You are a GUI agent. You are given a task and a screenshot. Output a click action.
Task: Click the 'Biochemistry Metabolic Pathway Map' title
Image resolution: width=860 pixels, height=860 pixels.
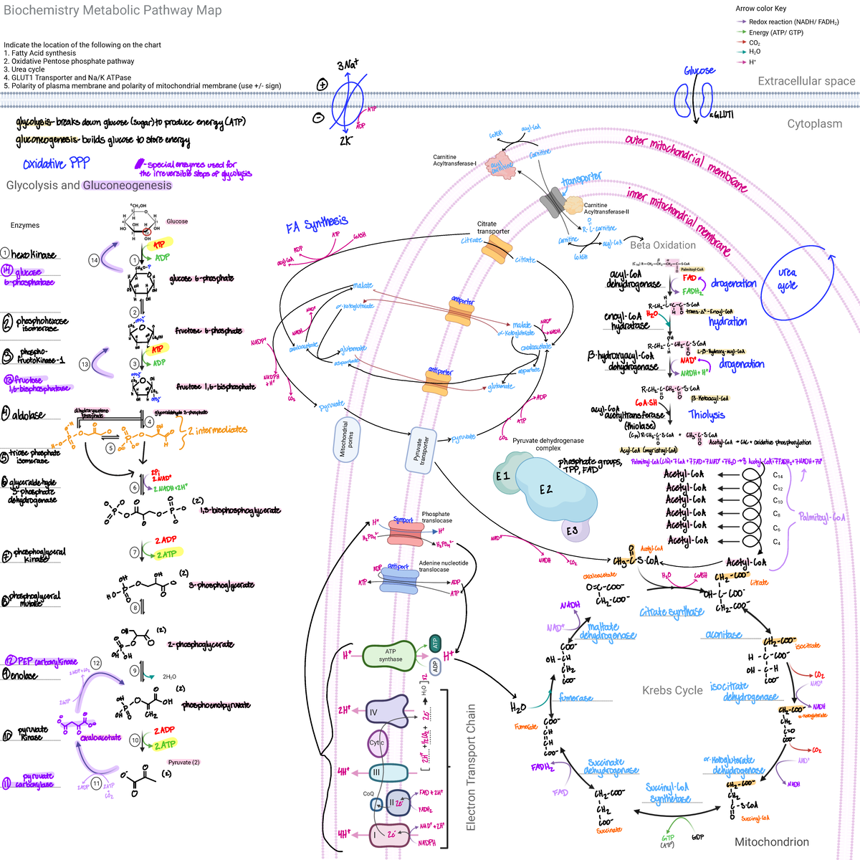[x=113, y=11]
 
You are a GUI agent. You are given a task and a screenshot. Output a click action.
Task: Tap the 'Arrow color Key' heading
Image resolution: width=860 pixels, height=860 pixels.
[x=760, y=9]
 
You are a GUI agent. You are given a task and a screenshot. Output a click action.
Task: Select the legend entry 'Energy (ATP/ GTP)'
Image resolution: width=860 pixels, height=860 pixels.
[x=776, y=32]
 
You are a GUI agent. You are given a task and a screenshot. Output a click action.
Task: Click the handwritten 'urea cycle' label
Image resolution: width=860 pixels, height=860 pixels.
[x=788, y=279]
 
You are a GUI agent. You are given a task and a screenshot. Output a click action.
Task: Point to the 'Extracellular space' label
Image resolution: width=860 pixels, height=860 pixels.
[x=806, y=81]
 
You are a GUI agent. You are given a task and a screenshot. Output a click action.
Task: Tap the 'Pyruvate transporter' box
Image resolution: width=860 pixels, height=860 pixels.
[x=421, y=450]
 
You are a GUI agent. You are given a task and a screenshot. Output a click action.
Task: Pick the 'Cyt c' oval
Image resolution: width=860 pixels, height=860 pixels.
[x=377, y=743]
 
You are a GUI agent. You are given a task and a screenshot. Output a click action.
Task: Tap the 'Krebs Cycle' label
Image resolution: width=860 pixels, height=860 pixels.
[x=672, y=690]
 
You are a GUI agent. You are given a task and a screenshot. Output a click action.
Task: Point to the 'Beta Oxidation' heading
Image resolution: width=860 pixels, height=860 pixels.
[x=663, y=245]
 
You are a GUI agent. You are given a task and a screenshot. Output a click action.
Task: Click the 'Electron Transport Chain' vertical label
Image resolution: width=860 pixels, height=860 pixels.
[x=471, y=767]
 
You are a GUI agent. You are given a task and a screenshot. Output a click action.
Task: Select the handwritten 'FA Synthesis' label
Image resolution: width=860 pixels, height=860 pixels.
[x=317, y=225]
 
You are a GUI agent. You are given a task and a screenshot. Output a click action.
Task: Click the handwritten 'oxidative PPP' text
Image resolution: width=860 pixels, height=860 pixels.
[x=56, y=164]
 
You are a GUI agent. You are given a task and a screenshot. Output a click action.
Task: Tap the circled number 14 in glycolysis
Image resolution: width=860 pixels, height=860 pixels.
[x=94, y=260]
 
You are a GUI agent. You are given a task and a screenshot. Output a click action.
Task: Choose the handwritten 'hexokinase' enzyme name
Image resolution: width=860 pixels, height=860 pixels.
[x=33, y=254]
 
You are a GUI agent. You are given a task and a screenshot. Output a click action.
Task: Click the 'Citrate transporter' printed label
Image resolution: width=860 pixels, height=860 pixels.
[x=493, y=227]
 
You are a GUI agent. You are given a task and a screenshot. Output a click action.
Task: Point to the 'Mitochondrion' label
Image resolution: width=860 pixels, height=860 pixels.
[x=771, y=842]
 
